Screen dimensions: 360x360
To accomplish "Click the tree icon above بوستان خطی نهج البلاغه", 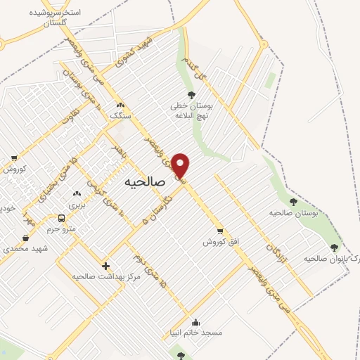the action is pos(191,95).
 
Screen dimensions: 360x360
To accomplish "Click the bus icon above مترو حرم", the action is pos(62,218).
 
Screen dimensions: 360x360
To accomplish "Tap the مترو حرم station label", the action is pos(61,229).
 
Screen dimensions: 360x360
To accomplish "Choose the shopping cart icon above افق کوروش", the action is pos(221,231).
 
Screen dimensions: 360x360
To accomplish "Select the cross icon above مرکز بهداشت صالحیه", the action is pos(105,266).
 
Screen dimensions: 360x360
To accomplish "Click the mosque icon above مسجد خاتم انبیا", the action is pos(205,323).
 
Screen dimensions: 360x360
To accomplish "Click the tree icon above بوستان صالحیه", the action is pos(293,202).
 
